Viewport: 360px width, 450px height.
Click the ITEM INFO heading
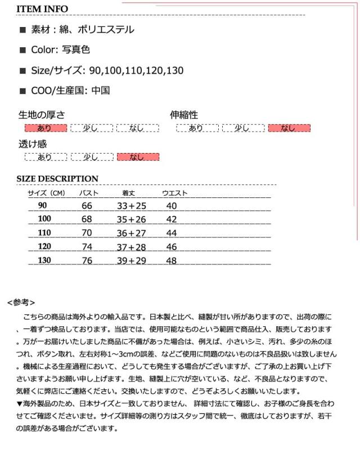pyautogui.click(x=42, y=9)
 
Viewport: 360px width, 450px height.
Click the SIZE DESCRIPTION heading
pyautogui.click(x=57, y=179)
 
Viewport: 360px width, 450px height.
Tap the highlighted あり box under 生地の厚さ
pyautogui.click(x=46, y=128)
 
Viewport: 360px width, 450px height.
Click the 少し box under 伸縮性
pyautogui.click(x=243, y=128)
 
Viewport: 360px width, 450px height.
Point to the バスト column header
pyautogui.click(x=88, y=193)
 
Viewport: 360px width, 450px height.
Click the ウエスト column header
pyautogui.click(x=175, y=193)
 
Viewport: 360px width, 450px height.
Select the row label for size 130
pyautogui.click(x=44, y=260)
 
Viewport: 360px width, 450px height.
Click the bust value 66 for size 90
pyautogui.click(x=87, y=206)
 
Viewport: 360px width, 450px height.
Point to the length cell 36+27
pyautogui.click(x=132, y=233)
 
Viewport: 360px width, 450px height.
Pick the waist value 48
pyautogui.click(x=172, y=260)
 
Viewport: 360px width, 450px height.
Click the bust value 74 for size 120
pyautogui.click(x=87, y=247)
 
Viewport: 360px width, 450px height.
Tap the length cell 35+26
pyautogui.click(x=132, y=219)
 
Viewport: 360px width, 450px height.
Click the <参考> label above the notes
pyautogui.click(x=21, y=302)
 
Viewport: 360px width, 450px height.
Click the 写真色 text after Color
pyautogui.click(x=78, y=50)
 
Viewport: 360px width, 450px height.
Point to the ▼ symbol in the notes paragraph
pyautogui.click(x=20, y=403)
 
